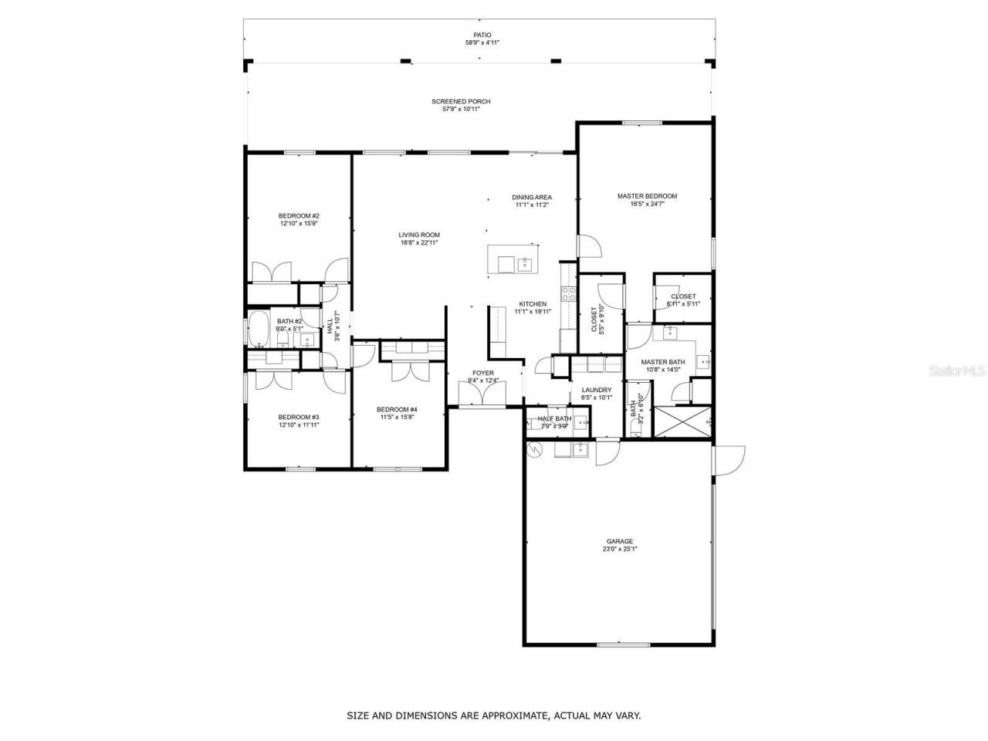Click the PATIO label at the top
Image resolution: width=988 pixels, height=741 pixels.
(482, 35)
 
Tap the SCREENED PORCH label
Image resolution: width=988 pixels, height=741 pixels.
(461, 101)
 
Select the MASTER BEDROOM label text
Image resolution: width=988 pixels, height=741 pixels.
(647, 196)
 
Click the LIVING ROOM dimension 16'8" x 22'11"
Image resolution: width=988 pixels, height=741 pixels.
(419, 243)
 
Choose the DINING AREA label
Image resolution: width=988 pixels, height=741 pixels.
(532, 197)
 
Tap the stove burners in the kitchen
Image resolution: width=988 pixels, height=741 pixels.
(568, 293)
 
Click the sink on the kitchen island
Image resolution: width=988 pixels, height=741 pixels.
(525, 264)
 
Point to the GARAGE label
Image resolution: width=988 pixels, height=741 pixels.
(619, 541)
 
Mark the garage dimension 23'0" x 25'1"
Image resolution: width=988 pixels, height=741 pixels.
(619, 550)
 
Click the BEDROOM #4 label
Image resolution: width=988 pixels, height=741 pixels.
(397, 409)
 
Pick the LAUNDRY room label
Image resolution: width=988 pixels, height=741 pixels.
(597, 390)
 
